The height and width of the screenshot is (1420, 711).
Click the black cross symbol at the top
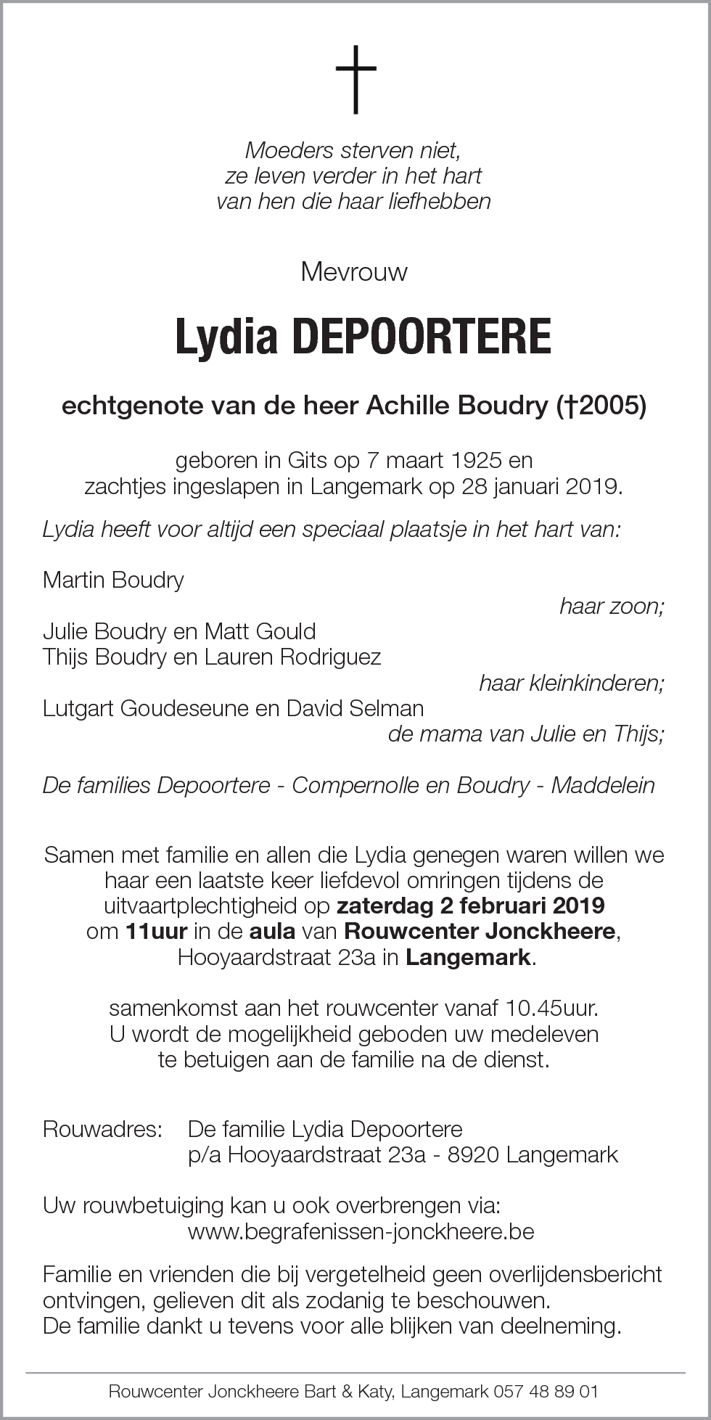(355, 79)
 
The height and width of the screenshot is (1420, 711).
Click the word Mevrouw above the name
(354, 272)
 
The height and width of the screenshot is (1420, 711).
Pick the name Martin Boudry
(113, 580)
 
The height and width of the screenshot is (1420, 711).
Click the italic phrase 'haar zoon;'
(612, 607)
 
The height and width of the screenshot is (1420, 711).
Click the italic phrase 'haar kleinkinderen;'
(571, 683)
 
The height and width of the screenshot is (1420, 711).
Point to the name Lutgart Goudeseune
(135, 708)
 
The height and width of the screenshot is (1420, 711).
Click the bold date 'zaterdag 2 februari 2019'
(471, 906)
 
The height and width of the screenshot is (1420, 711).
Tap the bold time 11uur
(156, 932)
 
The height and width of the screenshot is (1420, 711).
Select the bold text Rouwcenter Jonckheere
(480, 932)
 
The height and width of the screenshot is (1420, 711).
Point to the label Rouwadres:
(102, 1129)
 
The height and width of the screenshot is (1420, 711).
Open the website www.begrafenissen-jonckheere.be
(361, 1231)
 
